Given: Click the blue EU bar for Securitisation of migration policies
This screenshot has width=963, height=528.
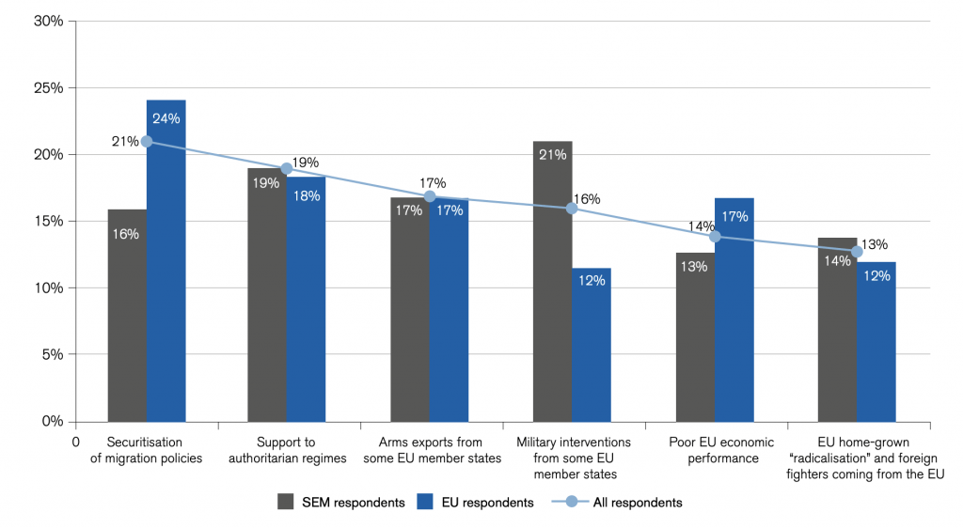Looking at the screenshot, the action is click(x=166, y=260).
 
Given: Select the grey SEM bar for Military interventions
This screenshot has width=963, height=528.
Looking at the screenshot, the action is click(x=552, y=282).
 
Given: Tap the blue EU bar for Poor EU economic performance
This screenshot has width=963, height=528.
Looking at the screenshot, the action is click(x=734, y=310).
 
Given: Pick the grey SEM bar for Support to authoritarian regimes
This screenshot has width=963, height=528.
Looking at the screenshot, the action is click(x=267, y=295).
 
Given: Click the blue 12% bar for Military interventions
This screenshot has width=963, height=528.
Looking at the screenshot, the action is click(x=592, y=345).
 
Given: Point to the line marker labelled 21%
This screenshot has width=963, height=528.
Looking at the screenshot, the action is click(x=147, y=142).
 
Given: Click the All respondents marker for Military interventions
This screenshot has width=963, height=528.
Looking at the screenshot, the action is click(x=572, y=209).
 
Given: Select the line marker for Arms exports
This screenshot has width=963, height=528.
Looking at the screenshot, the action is click(x=430, y=196).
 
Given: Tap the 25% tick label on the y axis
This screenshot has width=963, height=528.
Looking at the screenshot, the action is click(x=49, y=87).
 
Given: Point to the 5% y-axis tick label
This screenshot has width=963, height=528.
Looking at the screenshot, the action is click(x=53, y=354).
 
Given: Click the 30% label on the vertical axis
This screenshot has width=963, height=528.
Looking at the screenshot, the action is click(x=49, y=21).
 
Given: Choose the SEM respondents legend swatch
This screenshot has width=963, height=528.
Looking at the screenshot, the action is click(x=286, y=502).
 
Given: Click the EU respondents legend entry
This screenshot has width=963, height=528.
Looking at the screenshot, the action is click(x=475, y=503).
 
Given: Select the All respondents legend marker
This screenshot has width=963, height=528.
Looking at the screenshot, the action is click(x=571, y=502).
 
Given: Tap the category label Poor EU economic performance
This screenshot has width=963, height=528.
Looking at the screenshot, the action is click(x=721, y=450).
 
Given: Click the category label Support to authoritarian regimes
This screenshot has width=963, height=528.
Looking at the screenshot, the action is click(x=287, y=450).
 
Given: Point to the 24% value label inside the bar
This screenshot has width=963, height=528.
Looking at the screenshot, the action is click(x=166, y=118).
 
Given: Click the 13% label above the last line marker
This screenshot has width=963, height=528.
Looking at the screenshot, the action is click(x=874, y=244).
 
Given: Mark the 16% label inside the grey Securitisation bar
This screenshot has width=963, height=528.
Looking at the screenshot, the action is click(x=125, y=234).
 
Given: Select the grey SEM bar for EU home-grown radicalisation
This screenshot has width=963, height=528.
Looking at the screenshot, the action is click(x=837, y=330).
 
